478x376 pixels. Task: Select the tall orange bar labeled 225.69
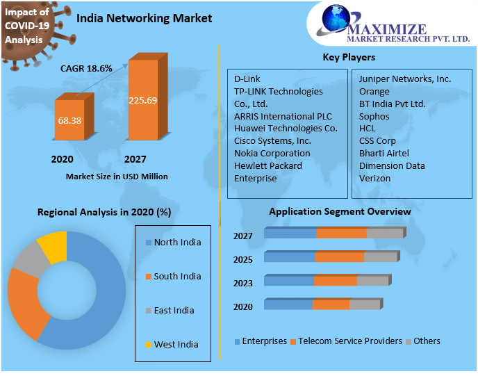tap(142, 100)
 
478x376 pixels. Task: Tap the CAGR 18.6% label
tap(86, 68)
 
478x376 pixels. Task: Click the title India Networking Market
tap(145, 18)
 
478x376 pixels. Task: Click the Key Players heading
tap(349, 57)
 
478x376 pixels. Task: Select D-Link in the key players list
tap(247, 79)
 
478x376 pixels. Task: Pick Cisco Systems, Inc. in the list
tap(272, 140)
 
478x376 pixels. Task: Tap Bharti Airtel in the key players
tap(384, 153)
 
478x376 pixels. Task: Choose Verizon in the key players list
tap(374, 178)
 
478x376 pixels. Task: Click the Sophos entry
tap(374, 116)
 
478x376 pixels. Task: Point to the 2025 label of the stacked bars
tap(242, 259)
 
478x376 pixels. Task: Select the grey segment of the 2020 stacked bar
tap(364, 304)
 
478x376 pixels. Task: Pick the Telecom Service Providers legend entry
tap(346, 341)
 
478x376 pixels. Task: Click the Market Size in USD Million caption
tap(117, 177)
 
